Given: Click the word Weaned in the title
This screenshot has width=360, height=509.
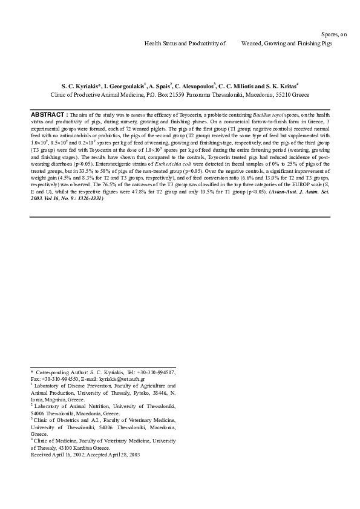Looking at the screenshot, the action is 253,44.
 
